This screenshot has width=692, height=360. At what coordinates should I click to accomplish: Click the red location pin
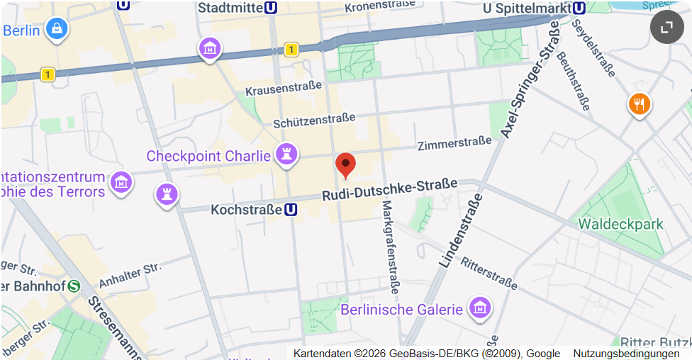(x=345, y=164)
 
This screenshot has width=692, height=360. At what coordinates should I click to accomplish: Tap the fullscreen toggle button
(x=666, y=27)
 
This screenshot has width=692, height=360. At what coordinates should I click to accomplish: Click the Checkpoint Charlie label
(x=208, y=156)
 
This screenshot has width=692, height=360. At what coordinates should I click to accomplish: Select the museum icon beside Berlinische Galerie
(x=481, y=308)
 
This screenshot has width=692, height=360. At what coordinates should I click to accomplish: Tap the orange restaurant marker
(x=640, y=105)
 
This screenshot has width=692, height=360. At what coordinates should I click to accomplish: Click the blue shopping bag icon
(x=56, y=29)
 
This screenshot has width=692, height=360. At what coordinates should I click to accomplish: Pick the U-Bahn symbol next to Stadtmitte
(x=270, y=8)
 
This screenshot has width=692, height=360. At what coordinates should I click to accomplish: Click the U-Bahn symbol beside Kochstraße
(x=291, y=210)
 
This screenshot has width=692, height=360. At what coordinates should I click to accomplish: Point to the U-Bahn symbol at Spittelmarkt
(x=579, y=8)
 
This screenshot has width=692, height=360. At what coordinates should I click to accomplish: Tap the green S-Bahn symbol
(x=74, y=286)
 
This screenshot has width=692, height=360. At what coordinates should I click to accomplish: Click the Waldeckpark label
(x=620, y=224)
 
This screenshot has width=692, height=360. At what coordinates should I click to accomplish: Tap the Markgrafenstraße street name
(x=389, y=247)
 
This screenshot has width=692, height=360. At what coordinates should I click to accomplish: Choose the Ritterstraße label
(x=489, y=272)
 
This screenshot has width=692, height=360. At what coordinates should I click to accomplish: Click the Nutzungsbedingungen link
(x=626, y=354)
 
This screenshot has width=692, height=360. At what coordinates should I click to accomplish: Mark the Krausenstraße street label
(x=283, y=89)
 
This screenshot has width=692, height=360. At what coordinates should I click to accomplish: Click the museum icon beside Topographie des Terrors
(x=122, y=181)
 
